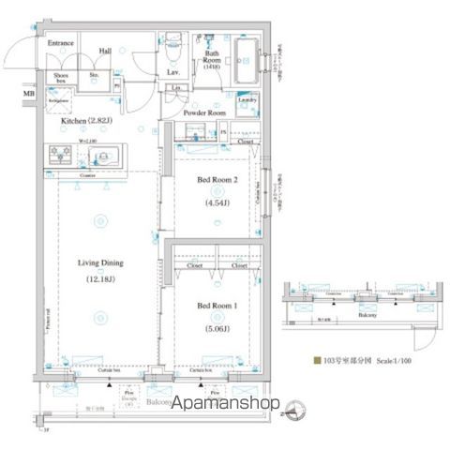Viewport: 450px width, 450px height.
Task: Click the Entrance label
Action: pyautogui.click(x=61, y=43)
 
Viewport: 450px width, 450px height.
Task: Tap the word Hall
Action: pyautogui.click(x=106, y=52)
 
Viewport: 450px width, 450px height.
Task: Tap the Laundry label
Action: pyautogui.click(x=247, y=99)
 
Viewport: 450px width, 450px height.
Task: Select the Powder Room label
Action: pyautogui.click(x=204, y=112)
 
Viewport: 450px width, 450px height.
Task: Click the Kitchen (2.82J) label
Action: pyautogui.click(x=87, y=121)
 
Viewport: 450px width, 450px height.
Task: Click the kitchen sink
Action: pyautogui.click(x=100, y=157)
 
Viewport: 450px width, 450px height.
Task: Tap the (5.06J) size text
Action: pyautogui.click(x=216, y=329)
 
